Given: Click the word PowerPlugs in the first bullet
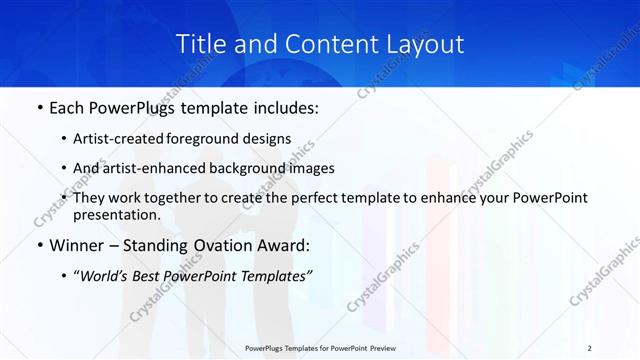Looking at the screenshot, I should click(x=139, y=106).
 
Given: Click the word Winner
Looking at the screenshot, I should click(x=73, y=245).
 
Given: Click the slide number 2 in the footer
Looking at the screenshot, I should click(x=590, y=348).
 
